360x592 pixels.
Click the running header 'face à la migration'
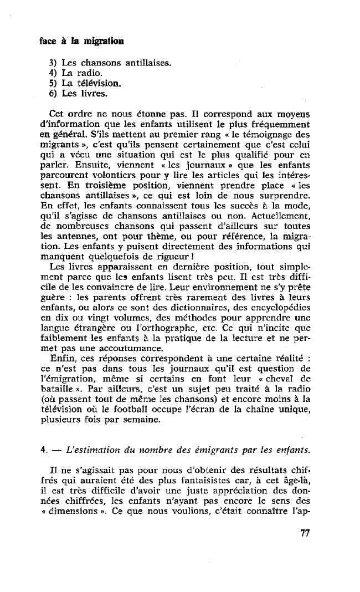[x=82, y=41]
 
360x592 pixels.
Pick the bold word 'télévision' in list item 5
[x=101, y=84]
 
